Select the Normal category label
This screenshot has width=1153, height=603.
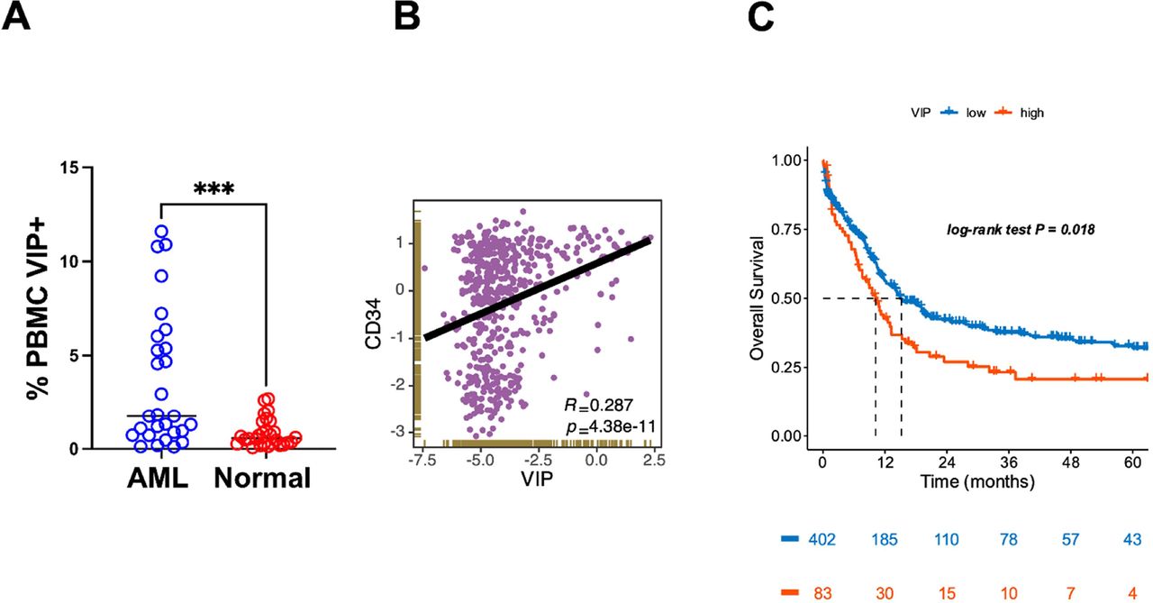coord(262,479)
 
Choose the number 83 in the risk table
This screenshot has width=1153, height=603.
coord(822,591)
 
